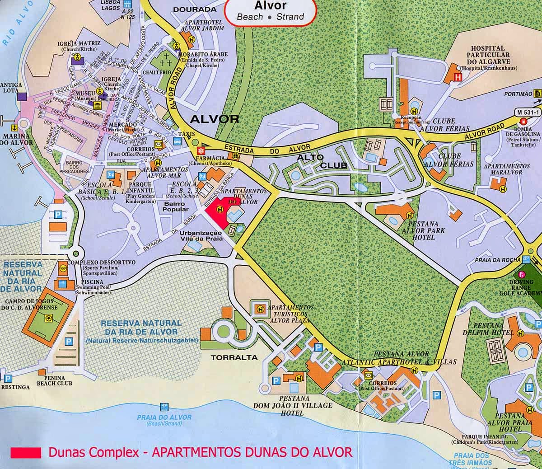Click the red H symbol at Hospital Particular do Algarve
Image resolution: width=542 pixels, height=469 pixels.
pyautogui.click(x=458, y=77)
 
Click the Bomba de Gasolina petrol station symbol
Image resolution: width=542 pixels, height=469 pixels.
pyautogui.click(x=523, y=122)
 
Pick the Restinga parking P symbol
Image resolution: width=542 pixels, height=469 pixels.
pyautogui.click(x=7, y=378)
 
